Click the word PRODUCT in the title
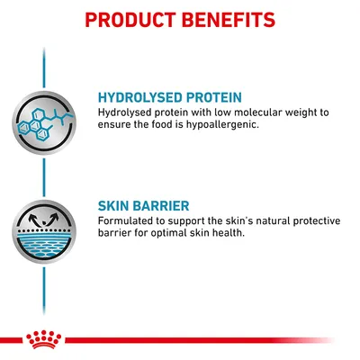(130, 18)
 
